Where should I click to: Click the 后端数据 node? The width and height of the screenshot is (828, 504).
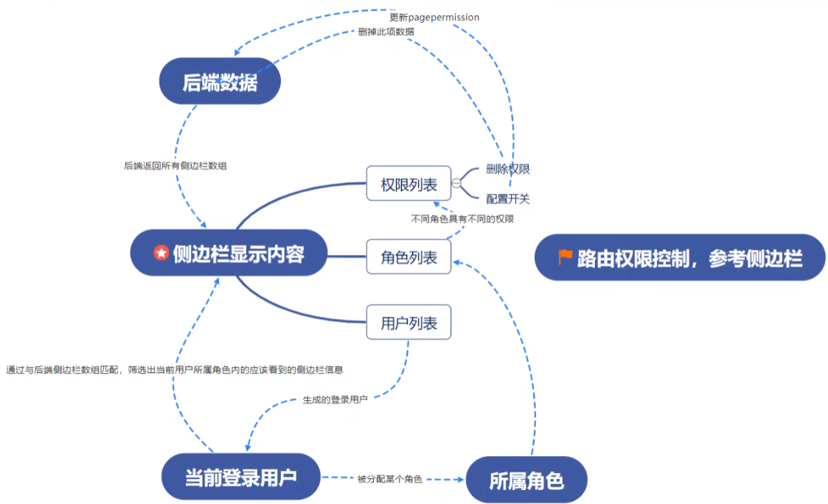point(220,82)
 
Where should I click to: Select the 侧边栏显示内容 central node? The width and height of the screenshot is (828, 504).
point(229,253)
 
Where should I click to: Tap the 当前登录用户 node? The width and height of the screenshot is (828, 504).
point(241,477)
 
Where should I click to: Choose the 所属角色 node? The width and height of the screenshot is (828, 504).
point(526,480)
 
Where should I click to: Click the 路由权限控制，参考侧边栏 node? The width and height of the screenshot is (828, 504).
point(679,258)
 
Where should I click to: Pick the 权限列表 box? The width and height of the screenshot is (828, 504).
point(408,183)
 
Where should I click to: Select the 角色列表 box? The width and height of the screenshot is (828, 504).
point(408,257)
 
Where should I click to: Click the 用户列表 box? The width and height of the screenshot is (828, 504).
point(408,323)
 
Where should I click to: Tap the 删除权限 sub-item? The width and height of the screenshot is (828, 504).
point(508,169)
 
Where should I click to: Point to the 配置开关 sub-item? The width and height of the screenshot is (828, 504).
point(508,198)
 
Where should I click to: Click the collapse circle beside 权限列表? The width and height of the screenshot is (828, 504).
point(456,183)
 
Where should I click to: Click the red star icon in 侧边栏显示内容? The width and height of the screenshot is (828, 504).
point(161,253)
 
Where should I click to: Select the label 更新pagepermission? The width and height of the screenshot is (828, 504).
point(434,17)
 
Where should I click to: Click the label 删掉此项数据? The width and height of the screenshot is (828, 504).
point(386,32)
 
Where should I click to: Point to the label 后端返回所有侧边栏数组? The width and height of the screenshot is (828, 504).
point(175,166)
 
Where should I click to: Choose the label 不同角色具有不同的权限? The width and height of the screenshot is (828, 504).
point(462,219)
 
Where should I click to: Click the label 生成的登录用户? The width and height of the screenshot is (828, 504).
point(335,399)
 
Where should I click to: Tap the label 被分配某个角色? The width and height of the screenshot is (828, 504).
point(390,479)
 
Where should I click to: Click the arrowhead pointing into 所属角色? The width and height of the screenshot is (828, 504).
point(461,479)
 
